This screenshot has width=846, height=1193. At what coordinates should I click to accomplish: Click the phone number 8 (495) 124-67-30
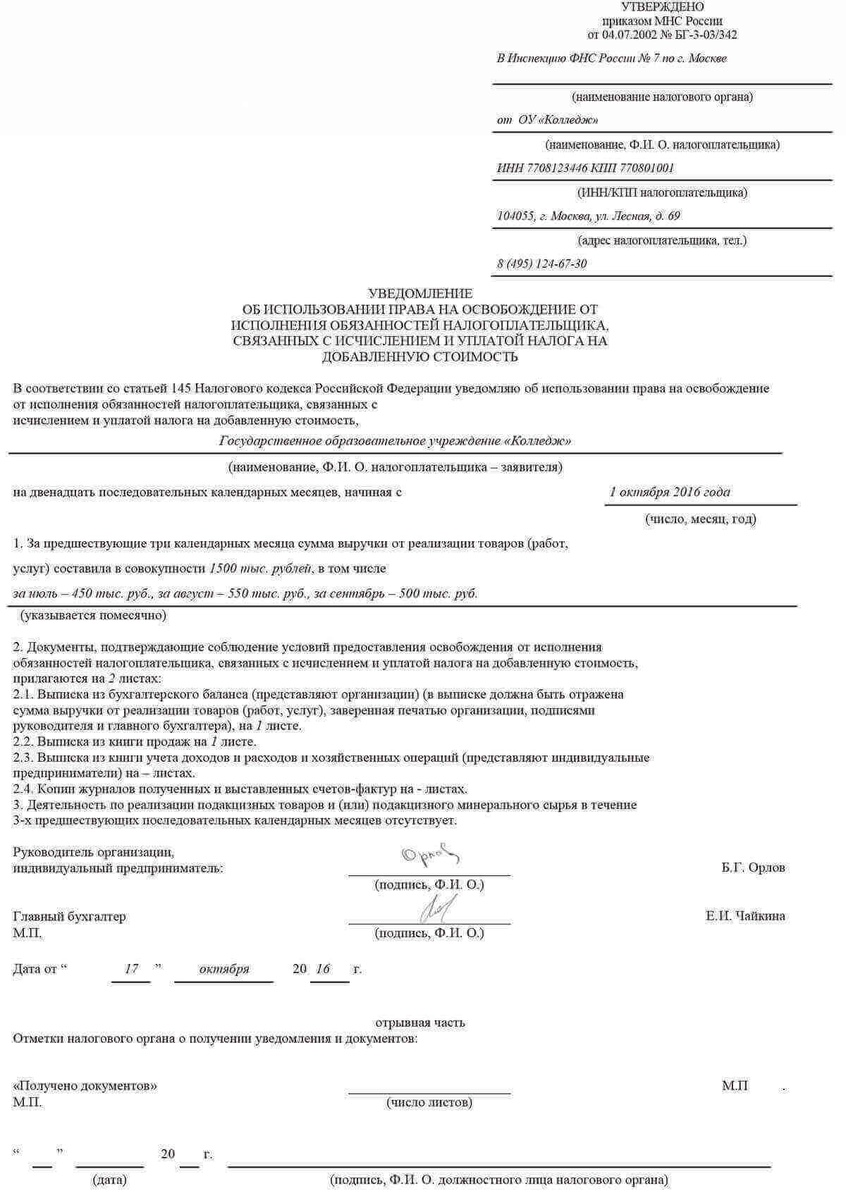[541, 264]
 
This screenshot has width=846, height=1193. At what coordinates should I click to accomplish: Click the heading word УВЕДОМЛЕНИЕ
[420, 294]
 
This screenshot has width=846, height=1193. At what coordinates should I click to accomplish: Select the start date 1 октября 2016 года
[669, 493]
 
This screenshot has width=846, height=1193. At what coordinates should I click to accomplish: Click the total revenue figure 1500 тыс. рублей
[261, 569]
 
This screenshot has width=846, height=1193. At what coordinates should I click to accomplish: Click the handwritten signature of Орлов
[430, 855]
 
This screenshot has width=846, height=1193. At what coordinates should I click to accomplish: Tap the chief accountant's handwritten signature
[439, 909]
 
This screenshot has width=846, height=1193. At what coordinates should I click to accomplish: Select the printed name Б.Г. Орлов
[753, 867]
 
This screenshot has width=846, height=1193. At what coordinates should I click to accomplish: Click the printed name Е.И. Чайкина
[745, 916]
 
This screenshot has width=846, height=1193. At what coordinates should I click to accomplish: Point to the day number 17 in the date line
[131, 969]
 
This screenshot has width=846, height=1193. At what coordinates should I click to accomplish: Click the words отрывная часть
[420, 1022]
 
